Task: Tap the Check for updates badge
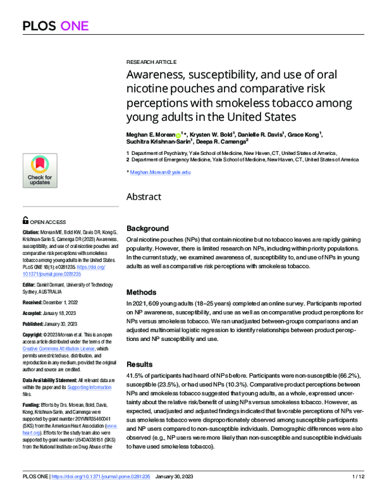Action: pos(39,170)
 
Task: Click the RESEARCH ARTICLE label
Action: pos(151,61)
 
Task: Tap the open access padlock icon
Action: pos(25,220)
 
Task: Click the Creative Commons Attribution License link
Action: pos(59,349)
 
